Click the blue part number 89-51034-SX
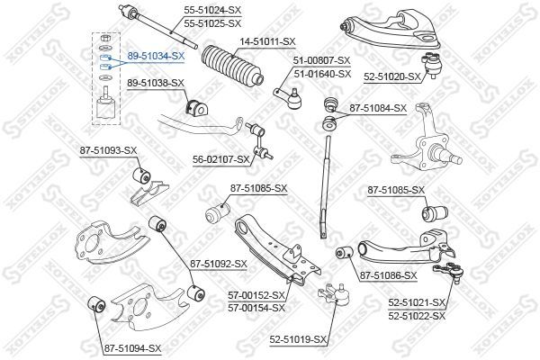click(156, 56)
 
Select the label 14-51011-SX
click(267, 41)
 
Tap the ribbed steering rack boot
click(233, 66)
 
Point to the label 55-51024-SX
click(212, 10)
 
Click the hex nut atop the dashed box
click(106, 37)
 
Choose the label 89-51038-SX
click(156, 83)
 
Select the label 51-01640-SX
click(322, 74)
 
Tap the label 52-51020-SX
click(392, 76)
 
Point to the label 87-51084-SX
click(378, 108)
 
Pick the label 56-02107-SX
click(221, 159)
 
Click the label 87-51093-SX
click(109, 150)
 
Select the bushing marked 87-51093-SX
click(141, 175)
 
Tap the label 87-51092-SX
click(219, 265)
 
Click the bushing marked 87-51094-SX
click(97, 304)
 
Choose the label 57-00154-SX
click(256, 308)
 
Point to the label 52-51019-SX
click(298, 340)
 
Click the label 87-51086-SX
click(389, 275)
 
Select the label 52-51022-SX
click(417, 316)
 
